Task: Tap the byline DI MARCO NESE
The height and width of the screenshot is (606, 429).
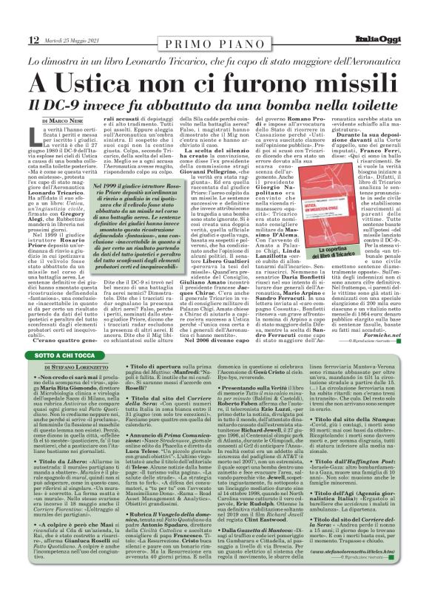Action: tap(64, 120)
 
